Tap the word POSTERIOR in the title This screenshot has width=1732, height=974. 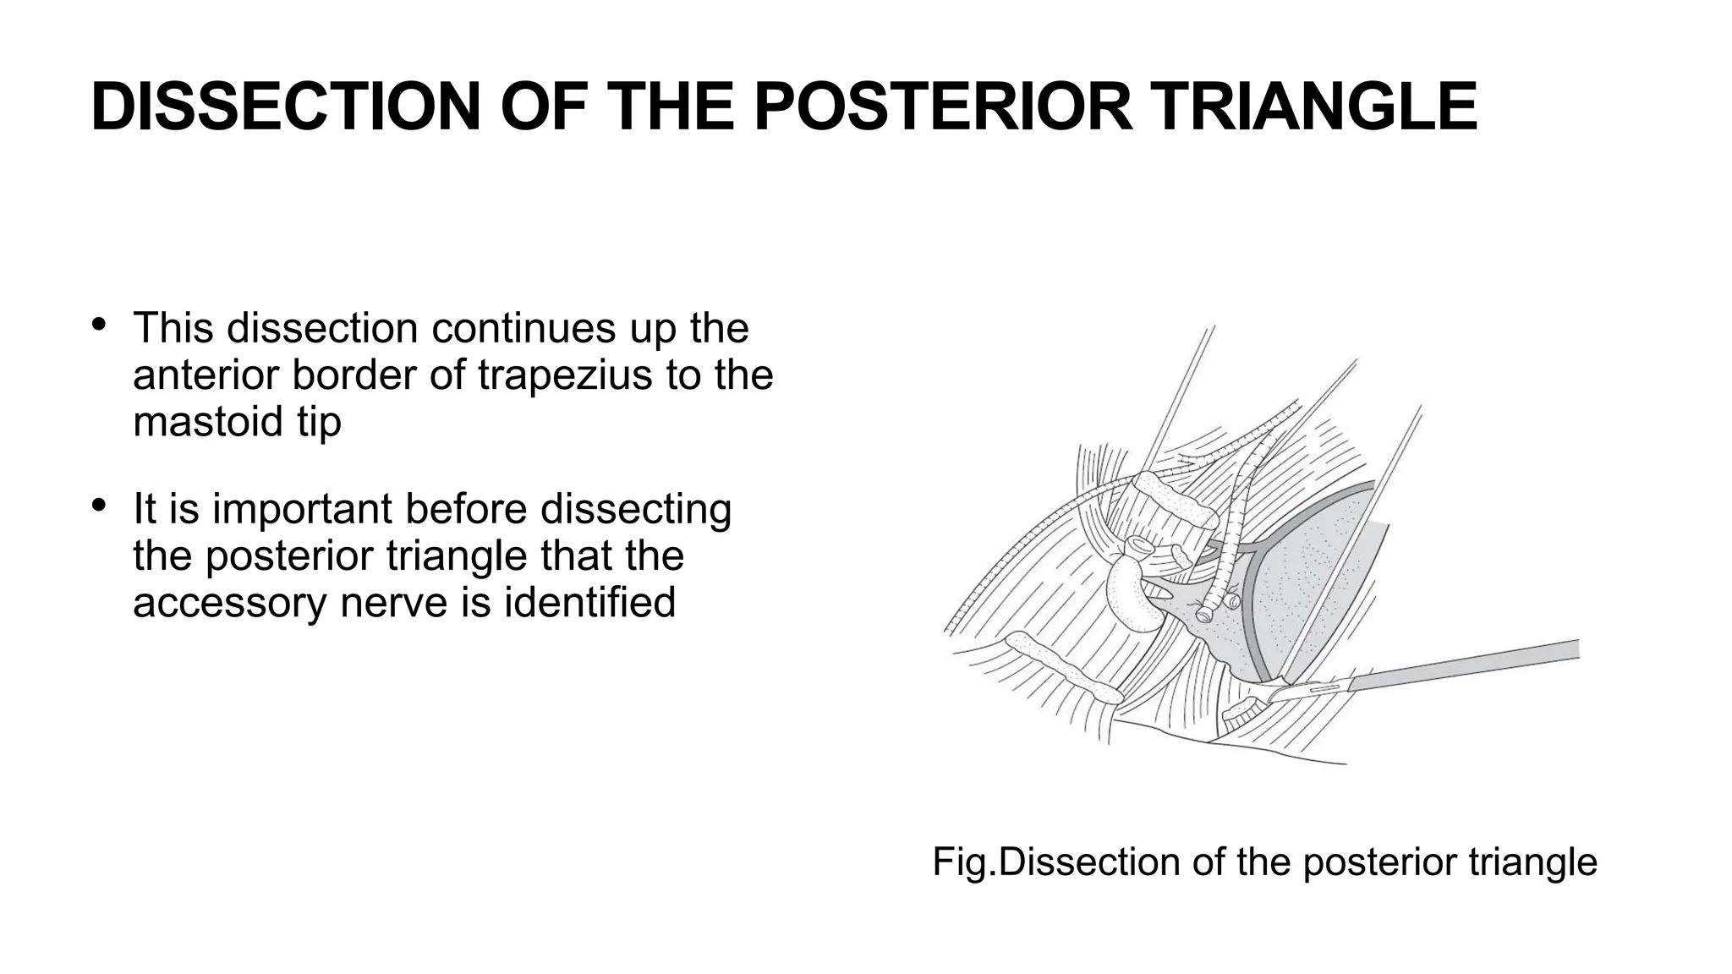pos(942,107)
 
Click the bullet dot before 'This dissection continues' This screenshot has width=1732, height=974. pos(99,325)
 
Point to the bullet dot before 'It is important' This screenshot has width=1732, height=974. pos(99,506)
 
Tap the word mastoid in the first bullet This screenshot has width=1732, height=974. pos(209,421)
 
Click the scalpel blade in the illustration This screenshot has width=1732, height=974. pos(1307,689)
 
